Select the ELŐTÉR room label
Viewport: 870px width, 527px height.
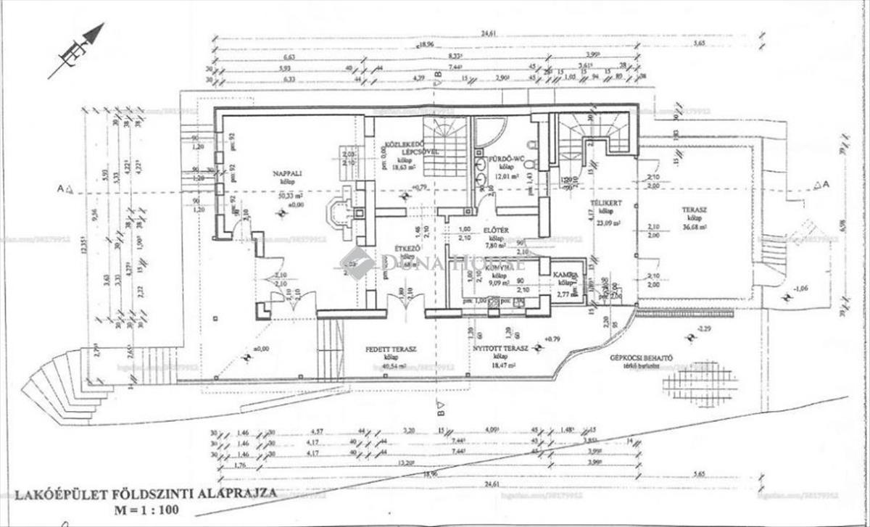[x=497, y=231]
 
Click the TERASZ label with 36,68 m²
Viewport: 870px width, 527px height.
[x=692, y=209]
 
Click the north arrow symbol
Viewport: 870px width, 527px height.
[x=76, y=50]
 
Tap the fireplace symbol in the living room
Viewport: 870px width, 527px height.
[x=341, y=212]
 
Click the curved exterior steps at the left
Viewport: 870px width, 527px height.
[x=65, y=384]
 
